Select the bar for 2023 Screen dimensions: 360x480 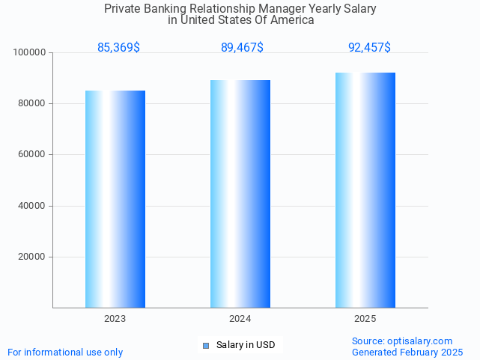[115, 198]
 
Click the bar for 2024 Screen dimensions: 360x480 [240, 193]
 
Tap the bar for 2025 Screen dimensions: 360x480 [365, 189]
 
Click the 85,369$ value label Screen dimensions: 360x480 [118, 48]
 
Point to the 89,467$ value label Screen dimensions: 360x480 [242, 48]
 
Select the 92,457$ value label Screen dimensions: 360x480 [369, 48]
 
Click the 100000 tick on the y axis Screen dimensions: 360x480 [30, 52]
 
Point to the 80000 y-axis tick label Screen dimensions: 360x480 [32, 103]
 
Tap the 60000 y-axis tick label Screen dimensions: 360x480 [32, 154]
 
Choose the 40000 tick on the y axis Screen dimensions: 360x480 [32, 206]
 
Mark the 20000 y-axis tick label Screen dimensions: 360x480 [32, 257]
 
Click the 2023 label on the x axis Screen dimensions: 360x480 [115, 319]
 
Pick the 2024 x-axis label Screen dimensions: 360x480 [240, 319]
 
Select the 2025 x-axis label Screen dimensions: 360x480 [365, 319]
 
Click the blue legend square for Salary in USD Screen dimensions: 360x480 [206, 345]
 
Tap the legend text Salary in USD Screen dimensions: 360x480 [246, 345]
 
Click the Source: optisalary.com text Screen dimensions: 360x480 [402, 341]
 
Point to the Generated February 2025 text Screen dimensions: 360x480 [407, 352]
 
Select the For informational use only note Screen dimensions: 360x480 [65, 352]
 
